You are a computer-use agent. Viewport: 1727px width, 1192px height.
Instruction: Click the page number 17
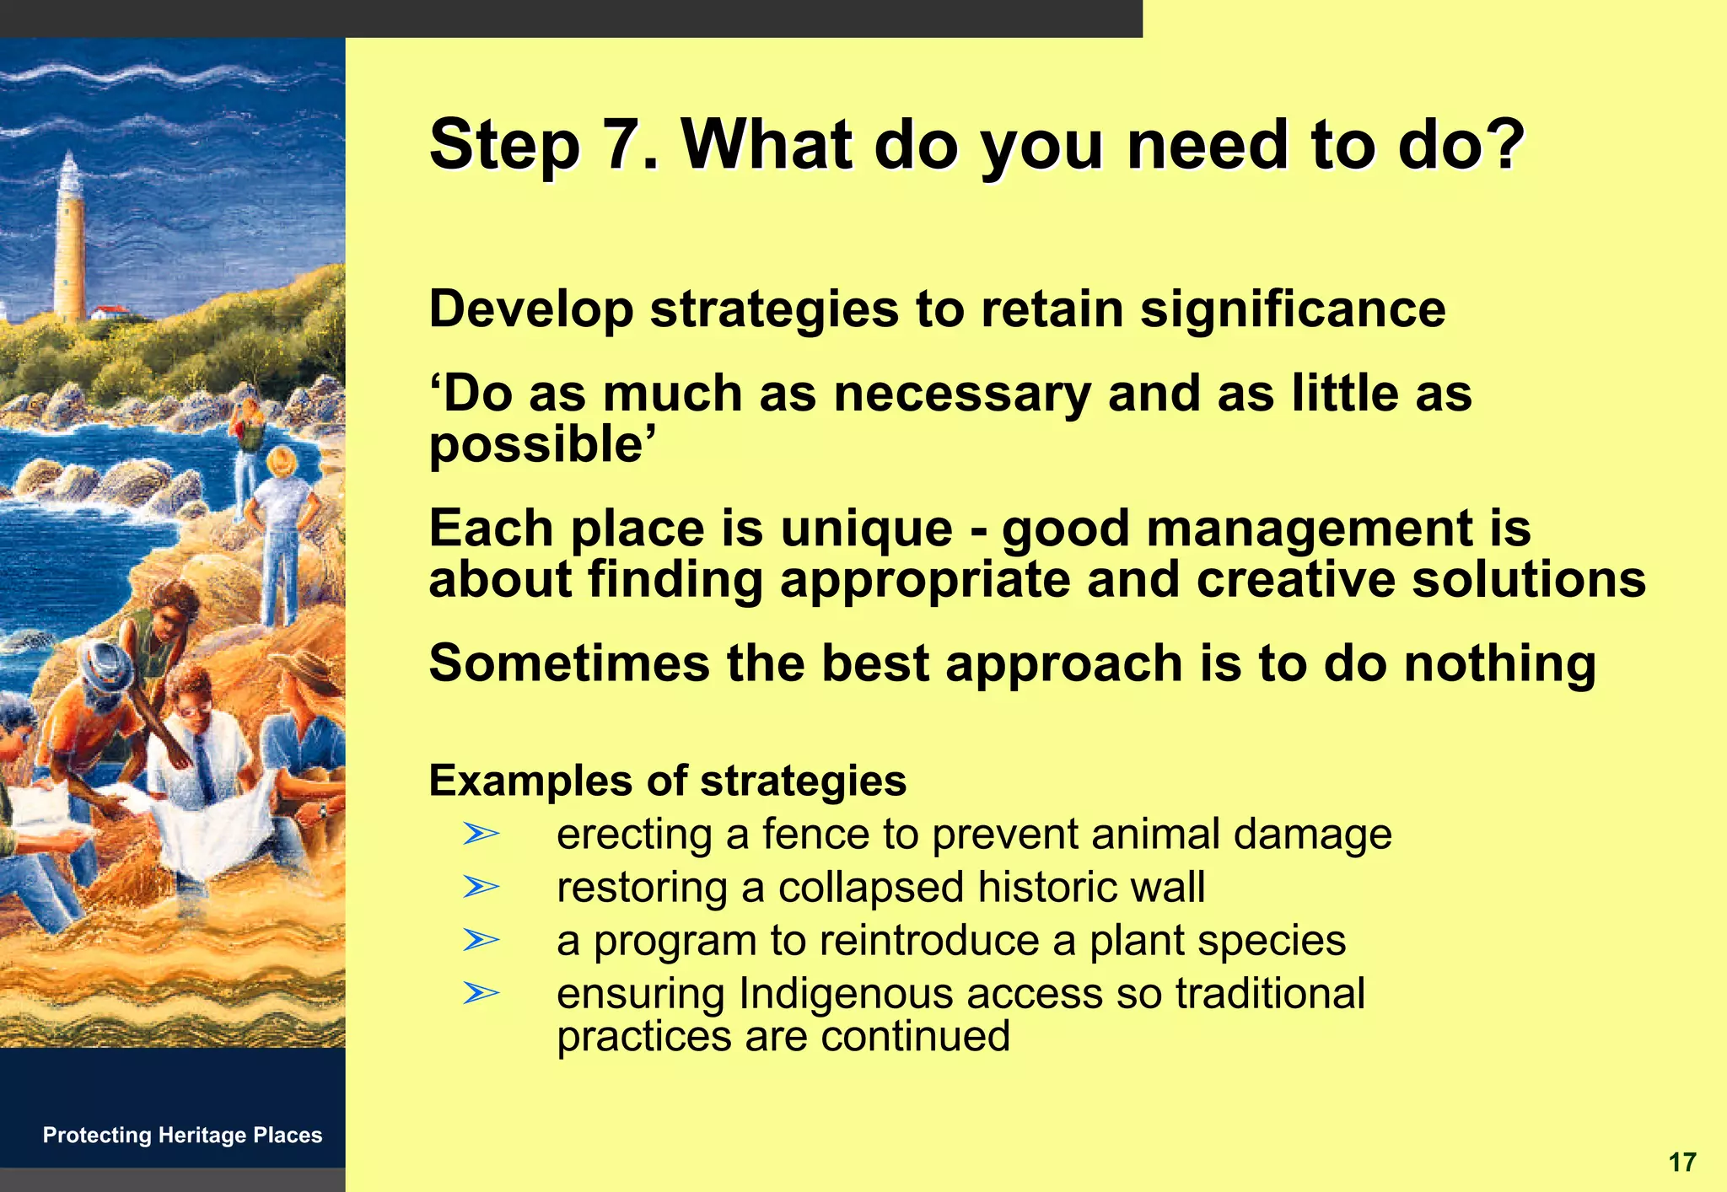pos(1681,1162)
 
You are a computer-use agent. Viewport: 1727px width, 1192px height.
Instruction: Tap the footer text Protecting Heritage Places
pos(182,1135)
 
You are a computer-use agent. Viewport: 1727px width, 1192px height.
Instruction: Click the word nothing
pos(1500,663)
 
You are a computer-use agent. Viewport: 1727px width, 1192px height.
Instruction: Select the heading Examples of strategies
pos(667,781)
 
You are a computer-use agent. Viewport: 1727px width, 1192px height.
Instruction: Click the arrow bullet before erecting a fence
pos(482,835)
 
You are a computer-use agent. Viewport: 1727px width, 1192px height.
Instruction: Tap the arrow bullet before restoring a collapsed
pos(482,887)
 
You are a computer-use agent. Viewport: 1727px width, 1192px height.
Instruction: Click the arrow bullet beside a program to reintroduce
pos(482,939)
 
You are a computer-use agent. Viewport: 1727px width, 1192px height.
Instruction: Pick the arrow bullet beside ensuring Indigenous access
pos(482,992)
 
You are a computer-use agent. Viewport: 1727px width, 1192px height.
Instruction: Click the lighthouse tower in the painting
pos(69,244)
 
